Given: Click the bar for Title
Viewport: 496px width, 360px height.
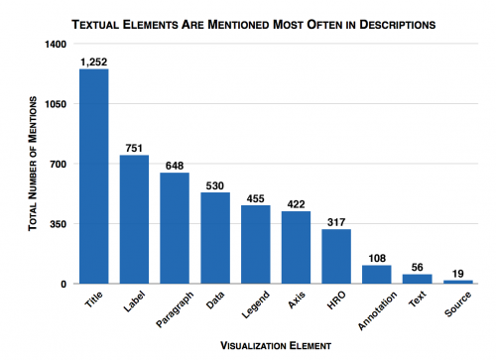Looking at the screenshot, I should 93,177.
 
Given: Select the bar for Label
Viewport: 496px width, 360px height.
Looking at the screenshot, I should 134,219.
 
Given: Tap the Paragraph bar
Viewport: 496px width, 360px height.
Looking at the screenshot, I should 175,228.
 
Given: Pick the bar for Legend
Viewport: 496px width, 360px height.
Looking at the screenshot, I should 255,244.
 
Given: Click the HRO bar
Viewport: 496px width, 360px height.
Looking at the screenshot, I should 336,256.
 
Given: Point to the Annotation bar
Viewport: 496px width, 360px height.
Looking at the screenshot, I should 377,274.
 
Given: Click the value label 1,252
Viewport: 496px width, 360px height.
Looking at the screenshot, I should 93,61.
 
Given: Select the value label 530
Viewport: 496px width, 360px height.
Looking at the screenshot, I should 215,184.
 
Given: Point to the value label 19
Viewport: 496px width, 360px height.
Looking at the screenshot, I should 458,273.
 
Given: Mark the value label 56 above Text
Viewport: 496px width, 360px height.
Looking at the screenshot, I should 418,266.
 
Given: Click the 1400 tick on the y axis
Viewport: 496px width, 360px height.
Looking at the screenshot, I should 56,45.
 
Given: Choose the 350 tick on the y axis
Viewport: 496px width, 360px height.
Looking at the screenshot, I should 59,224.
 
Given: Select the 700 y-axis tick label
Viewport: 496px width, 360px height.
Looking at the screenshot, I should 59,164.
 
